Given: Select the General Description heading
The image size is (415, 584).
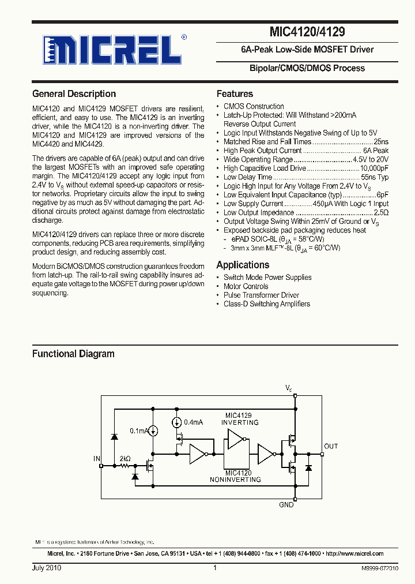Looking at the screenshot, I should point(74,93).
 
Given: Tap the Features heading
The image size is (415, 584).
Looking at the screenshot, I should point(235,93).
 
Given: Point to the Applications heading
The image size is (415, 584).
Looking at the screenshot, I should point(243,265).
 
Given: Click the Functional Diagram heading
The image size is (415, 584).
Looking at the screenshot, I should point(73,354).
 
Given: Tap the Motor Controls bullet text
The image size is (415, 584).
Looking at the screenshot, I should point(246,286).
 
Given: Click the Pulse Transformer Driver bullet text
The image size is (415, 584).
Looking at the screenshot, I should point(261,295).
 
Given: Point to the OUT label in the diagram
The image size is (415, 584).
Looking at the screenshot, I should point(331,446).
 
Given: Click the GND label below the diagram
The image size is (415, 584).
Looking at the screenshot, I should point(286,505).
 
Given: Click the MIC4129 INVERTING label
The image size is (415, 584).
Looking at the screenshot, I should point(240,419).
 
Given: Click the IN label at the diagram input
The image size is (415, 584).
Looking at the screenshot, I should point(96,458).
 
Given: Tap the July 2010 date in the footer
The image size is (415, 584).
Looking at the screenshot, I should point(47,568).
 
